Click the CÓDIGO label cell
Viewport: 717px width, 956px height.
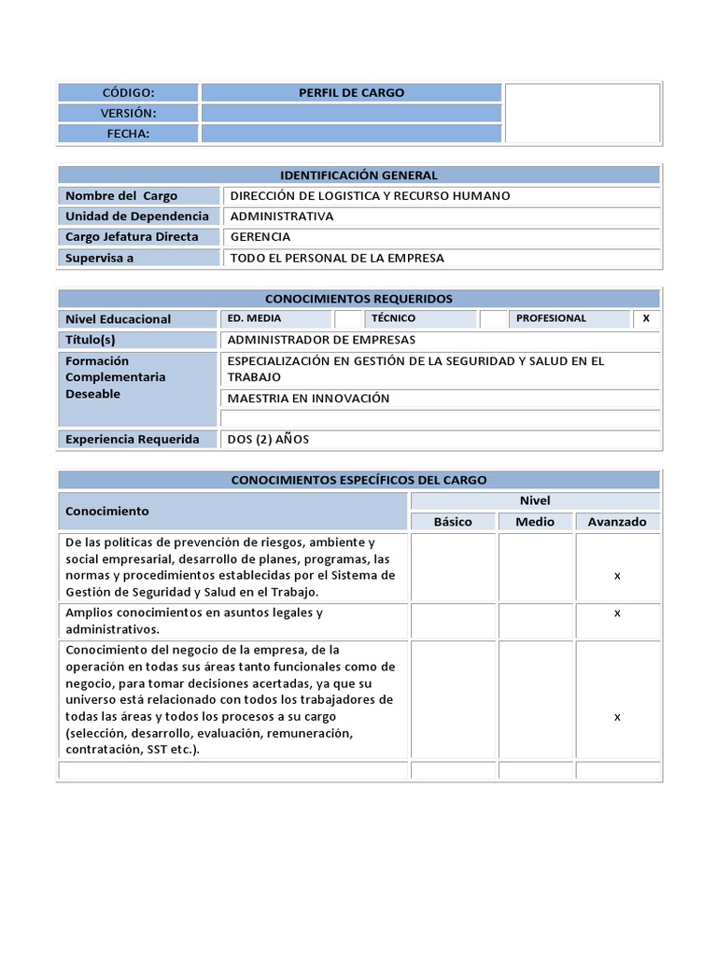(x=128, y=92)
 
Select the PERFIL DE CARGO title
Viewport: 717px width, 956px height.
(x=351, y=92)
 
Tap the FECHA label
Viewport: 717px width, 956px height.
(x=128, y=134)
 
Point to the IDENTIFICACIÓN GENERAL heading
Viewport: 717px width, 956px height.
(x=358, y=176)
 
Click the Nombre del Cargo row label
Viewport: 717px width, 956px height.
(x=121, y=196)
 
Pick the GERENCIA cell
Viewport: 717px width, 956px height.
(x=260, y=237)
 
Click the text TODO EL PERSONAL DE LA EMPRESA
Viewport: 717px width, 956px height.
(x=337, y=258)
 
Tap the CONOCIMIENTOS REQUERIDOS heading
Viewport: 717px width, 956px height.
(x=358, y=299)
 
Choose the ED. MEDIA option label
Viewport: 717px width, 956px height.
(x=254, y=318)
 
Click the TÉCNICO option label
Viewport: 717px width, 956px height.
(x=393, y=318)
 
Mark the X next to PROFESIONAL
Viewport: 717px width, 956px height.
(x=646, y=318)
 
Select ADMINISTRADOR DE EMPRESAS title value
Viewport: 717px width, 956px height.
(x=322, y=340)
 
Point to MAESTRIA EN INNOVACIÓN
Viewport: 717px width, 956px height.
(x=308, y=399)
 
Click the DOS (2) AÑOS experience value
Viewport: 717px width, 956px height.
(x=268, y=439)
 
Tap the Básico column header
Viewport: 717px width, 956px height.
(x=453, y=522)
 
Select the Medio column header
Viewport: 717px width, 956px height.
(x=535, y=522)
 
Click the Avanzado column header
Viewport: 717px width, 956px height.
(x=617, y=522)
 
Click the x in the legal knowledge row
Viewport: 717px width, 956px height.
(x=617, y=613)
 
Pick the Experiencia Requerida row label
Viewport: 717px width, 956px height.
(x=133, y=439)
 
